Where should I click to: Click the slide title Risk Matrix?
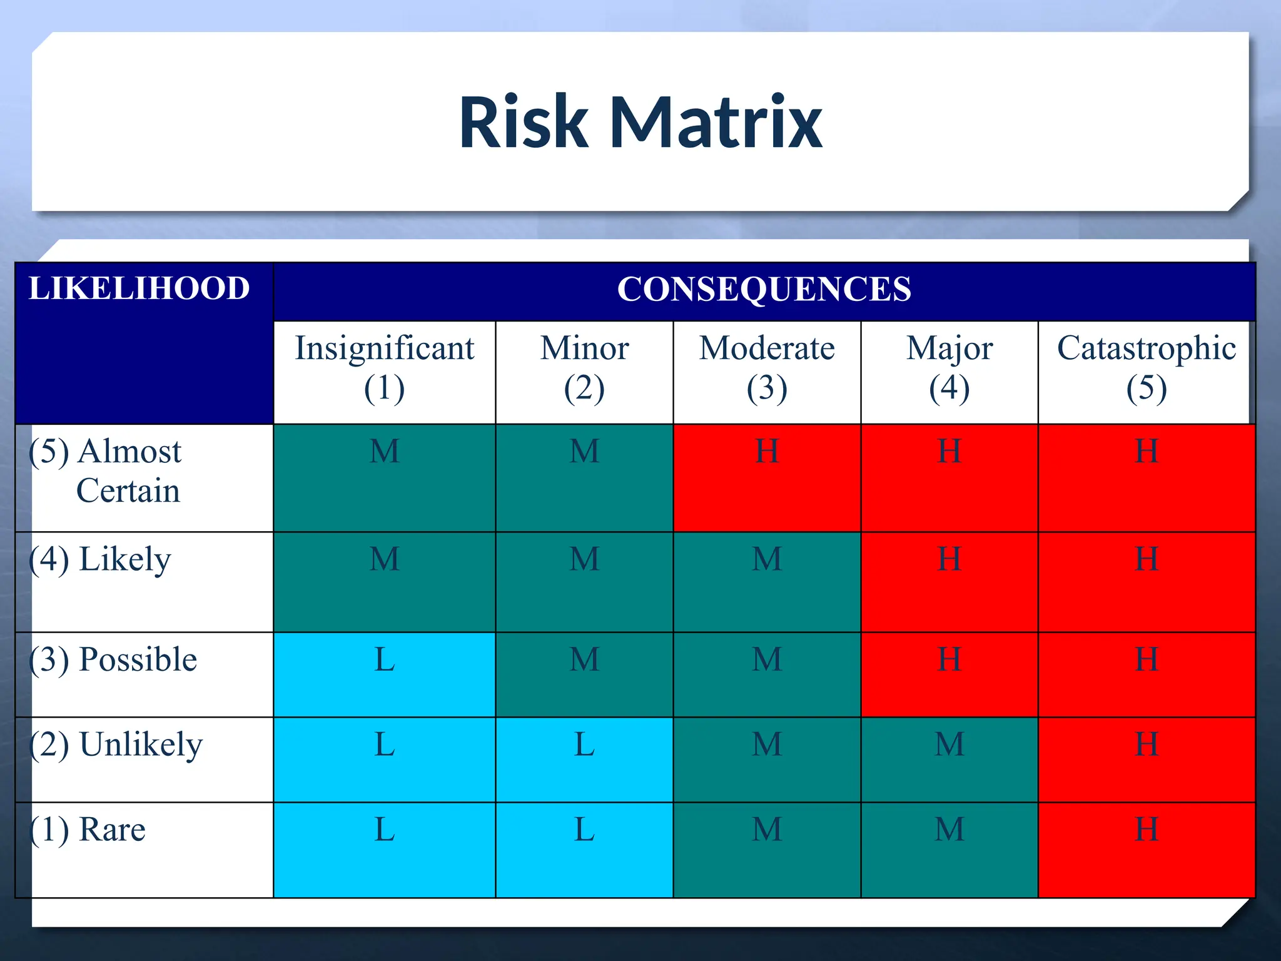640,121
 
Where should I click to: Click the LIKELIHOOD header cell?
139,289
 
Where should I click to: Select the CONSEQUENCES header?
764,290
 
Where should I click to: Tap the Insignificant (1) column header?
384,369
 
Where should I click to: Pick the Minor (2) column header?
584,369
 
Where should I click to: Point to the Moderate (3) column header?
767,369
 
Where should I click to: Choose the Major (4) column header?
949,369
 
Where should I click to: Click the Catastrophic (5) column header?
1146,369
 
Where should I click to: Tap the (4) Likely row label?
100,559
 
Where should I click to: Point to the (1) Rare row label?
88,830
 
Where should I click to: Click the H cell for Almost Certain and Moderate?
767,478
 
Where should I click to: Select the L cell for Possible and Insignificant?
384,674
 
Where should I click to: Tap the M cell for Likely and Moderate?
767,582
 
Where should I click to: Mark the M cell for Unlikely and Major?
949,760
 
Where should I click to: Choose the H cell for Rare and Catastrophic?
1146,850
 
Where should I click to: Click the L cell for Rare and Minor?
584,850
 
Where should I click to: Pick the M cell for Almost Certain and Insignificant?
384,478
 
